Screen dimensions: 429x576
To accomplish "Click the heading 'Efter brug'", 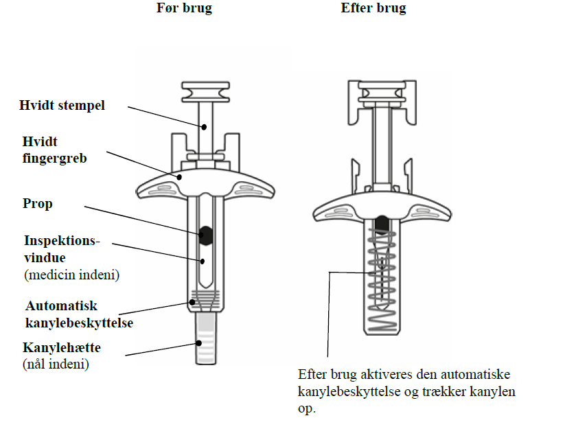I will [x=373, y=9].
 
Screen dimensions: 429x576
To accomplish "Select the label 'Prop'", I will [x=38, y=204].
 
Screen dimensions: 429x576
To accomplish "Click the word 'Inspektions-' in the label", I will [x=62, y=242].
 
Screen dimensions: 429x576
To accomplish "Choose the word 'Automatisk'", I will [x=62, y=305].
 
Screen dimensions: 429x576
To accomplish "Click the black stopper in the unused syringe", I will [x=205, y=234].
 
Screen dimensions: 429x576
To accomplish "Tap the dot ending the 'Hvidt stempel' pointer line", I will [x=204, y=126].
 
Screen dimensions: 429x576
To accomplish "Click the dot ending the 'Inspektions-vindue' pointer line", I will [x=203, y=261].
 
